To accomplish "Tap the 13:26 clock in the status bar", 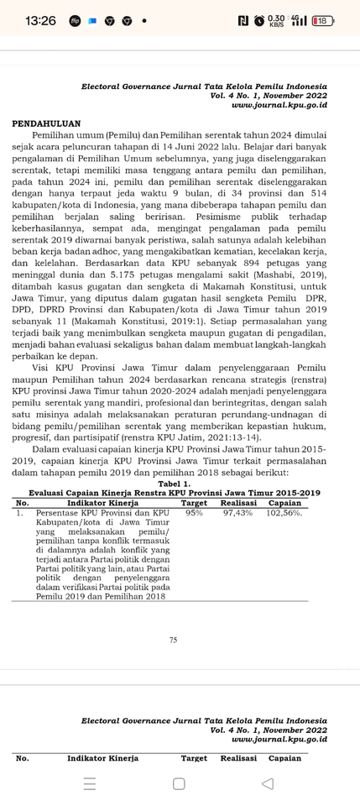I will [x=40, y=20].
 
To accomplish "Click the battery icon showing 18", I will [x=324, y=20].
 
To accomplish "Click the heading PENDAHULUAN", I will [x=47, y=123].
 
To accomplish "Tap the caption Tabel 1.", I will [x=174, y=484].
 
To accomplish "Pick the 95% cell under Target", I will [x=194, y=511].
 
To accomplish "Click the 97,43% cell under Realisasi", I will [x=238, y=511].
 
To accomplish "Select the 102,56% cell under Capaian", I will [x=284, y=511].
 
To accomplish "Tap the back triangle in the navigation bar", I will [x=268, y=783].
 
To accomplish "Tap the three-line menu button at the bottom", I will [x=90, y=783].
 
